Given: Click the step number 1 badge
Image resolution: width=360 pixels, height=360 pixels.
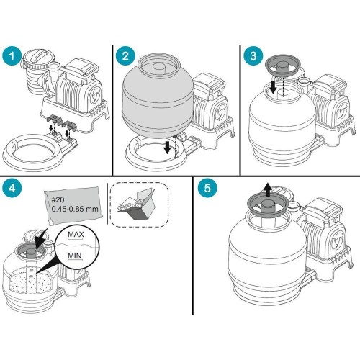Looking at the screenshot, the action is [x=12, y=55].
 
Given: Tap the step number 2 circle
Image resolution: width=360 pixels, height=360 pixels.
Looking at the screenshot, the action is [x=125, y=55].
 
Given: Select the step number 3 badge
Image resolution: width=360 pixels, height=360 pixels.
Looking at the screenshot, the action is [x=253, y=55].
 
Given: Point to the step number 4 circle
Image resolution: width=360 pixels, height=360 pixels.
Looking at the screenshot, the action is [x=12, y=188].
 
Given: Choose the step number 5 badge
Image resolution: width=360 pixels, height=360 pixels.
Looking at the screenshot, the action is [x=207, y=188].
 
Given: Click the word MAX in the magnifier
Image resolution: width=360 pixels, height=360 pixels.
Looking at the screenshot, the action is [x=76, y=234].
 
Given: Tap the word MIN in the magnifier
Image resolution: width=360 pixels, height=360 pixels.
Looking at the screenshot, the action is [x=75, y=256].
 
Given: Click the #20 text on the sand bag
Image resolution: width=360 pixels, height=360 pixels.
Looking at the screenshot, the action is [x=58, y=199].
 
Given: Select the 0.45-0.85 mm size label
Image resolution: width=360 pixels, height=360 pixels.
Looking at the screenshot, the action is [x=75, y=209].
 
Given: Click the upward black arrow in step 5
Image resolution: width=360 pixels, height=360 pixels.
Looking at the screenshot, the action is [x=269, y=190].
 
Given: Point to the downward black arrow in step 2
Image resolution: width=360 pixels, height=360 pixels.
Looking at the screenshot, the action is [x=168, y=147].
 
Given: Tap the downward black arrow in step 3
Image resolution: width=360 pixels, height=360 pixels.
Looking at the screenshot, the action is [x=273, y=87].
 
